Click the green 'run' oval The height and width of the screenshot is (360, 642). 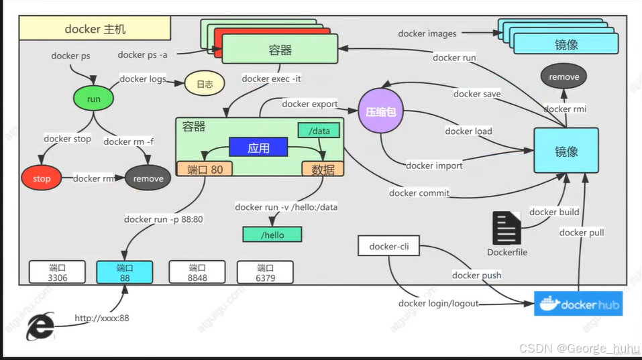93,99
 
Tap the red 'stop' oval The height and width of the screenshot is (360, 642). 42,178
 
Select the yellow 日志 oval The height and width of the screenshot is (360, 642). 204,84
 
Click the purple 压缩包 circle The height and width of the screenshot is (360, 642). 381,113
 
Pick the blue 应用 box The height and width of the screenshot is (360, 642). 258,148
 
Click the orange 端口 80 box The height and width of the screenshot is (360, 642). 204,169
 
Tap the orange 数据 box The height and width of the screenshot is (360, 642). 323,169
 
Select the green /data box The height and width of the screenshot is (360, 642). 319,131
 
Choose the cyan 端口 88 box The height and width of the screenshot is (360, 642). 125,272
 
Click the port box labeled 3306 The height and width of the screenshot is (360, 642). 58,272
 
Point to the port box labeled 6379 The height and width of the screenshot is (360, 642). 265,272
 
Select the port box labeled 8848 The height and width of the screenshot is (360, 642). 197,272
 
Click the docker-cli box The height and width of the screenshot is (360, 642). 388,247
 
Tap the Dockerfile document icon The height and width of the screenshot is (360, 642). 506,229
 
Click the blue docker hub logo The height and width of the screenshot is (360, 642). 578,303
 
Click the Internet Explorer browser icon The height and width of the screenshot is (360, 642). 40,327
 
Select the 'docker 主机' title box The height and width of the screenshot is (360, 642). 95,29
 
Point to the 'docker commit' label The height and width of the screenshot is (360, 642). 419,193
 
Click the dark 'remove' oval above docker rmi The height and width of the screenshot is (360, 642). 564,76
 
